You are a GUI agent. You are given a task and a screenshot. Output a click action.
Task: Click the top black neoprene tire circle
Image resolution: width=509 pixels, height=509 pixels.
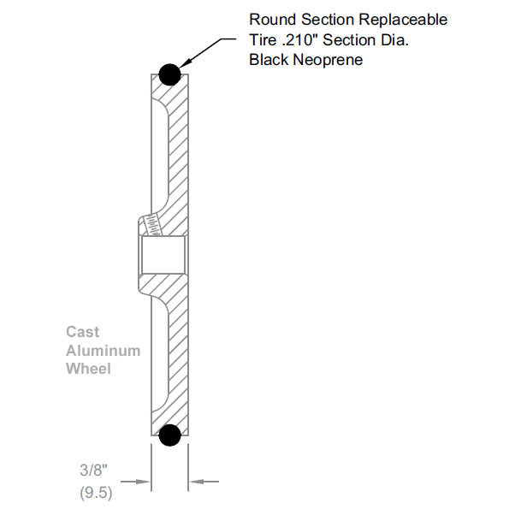[x=169, y=74]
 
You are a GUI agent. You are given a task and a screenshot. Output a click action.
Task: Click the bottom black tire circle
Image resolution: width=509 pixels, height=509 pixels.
[x=170, y=435]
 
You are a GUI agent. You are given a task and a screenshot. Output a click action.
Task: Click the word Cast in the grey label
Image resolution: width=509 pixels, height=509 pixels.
[x=83, y=331]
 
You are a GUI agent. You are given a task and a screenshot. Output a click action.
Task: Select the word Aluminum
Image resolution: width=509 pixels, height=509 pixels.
[x=104, y=350]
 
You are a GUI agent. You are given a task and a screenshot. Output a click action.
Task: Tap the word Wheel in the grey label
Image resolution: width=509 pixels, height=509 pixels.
[x=89, y=369]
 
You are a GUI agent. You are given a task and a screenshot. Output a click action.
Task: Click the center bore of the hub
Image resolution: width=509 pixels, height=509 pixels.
[x=163, y=254]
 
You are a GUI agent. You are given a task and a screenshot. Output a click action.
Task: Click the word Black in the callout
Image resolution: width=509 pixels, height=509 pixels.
[x=269, y=60]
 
